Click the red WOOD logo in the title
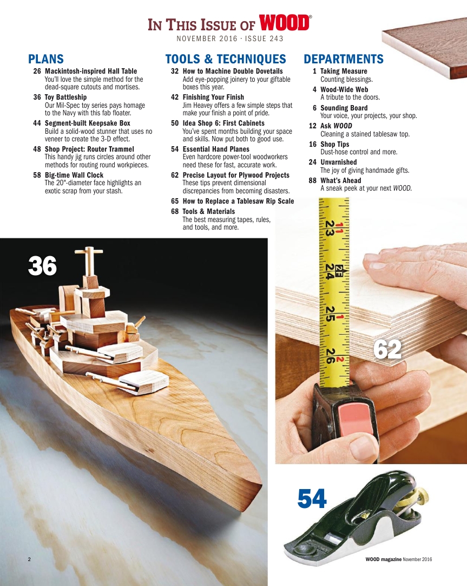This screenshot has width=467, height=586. pyautogui.click(x=285, y=24)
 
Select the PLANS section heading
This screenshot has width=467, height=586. pyautogui.click(x=46, y=59)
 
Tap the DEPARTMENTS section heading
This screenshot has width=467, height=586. pyautogui.click(x=344, y=59)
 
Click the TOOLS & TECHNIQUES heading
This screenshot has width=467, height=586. pyautogui.click(x=225, y=59)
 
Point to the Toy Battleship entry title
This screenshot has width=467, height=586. pyautogui.click(x=65, y=97)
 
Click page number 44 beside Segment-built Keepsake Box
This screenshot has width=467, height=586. pyautogui.click(x=37, y=123)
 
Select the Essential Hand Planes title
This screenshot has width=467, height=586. pyautogui.click(x=216, y=149)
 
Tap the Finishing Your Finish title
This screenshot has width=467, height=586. pyautogui.click(x=213, y=97)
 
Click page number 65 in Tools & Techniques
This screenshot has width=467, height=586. pyautogui.click(x=175, y=201)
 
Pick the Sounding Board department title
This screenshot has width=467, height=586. pyautogui.click(x=344, y=108)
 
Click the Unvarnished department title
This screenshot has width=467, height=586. pyautogui.click(x=338, y=162)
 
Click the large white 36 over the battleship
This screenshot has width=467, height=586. pyautogui.click(x=42, y=266)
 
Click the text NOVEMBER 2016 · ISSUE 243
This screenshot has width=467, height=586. pyautogui.click(x=230, y=39)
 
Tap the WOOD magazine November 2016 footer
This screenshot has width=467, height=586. pyautogui.click(x=399, y=559)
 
